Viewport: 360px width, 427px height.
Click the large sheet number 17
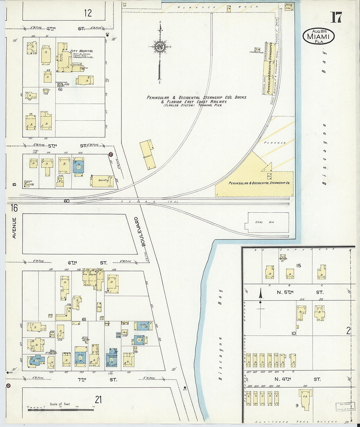pyautogui.click(x=336, y=17)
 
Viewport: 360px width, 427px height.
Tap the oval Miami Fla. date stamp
pyautogui.click(x=318, y=36)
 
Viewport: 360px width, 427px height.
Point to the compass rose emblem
pyautogui.click(x=160, y=46)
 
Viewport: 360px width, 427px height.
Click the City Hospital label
pyautogui.click(x=82, y=51)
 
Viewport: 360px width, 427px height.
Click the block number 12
pyautogui.click(x=88, y=13)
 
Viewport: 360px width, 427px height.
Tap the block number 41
pyautogui.click(x=60, y=89)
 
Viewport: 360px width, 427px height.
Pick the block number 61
pyautogui.click(x=84, y=319)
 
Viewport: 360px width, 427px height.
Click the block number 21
pyautogui.click(x=98, y=400)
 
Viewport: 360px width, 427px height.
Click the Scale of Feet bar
pyautogui.click(x=60, y=409)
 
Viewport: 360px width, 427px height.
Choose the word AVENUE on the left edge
pyautogui.click(x=14, y=228)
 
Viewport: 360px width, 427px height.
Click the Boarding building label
pyautogui.click(x=103, y=180)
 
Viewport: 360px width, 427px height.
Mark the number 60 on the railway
pyautogui.click(x=66, y=201)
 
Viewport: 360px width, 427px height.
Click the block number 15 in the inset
pyautogui.click(x=298, y=266)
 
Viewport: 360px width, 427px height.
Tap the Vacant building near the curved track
pyautogui.click(x=148, y=155)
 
